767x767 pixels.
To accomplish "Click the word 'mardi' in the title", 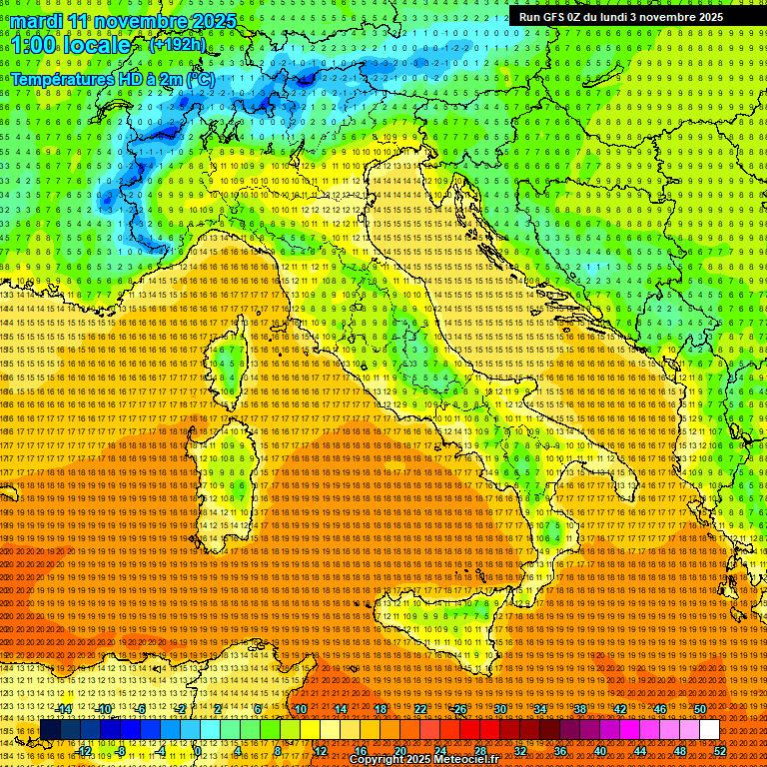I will click(x=38, y=21).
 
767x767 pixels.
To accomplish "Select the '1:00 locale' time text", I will click(x=71, y=45).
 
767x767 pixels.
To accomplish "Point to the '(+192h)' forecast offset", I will click(x=177, y=44).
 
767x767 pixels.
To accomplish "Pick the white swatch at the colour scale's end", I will click(x=709, y=730).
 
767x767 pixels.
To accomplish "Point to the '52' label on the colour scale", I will click(x=720, y=751).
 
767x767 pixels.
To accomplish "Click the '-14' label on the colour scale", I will click(x=65, y=709).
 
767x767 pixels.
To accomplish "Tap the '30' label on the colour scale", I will click(x=499, y=709).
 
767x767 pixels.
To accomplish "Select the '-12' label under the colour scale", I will click(x=85, y=751).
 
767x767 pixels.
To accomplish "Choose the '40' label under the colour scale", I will click(x=600, y=751).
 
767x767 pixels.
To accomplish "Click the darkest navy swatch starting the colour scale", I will click(x=49, y=730).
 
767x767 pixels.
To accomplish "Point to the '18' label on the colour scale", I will click(x=380, y=709).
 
